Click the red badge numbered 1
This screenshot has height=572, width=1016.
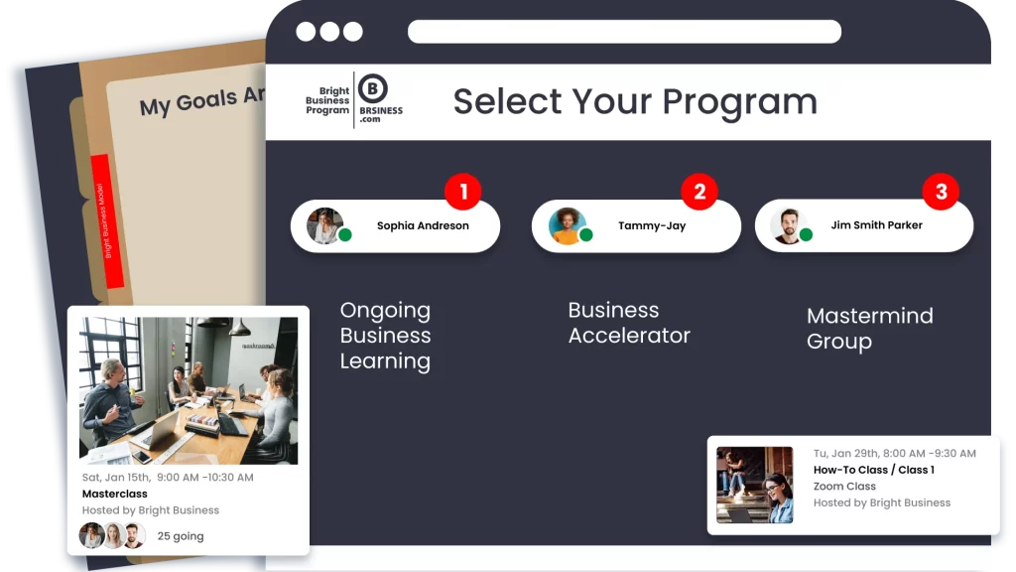click(x=462, y=192)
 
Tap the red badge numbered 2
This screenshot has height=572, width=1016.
click(x=699, y=192)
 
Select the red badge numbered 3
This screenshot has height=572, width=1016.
click(x=941, y=192)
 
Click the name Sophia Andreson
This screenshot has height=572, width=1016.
click(x=423, y=225)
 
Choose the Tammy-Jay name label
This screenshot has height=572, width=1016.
click(x=652, y=225)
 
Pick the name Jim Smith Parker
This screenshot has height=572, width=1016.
click(x=877, y=225)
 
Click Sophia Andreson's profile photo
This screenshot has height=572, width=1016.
click(x=324, y=225)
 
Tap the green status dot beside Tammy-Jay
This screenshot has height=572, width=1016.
click(x=586, y=234)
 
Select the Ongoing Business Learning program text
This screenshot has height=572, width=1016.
click(x=386, y=336)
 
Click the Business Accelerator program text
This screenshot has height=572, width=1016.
click(x=629, y=323)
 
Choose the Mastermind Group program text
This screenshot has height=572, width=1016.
click(x=870, y=328)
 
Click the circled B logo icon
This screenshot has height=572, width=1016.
click(x=373, y=88)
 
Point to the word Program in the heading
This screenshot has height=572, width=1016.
click(x=739, y=102)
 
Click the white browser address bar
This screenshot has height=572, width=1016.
click(x=625, y=32)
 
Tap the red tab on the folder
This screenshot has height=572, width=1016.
click(x=107, y=221)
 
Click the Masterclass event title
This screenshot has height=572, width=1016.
click(x=115, y=494)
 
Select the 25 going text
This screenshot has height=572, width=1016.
click(x=181, y=536)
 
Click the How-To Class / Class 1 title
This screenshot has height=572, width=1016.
click(x=874, y=470)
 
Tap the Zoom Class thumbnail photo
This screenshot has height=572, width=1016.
click(x=755, y=485)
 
